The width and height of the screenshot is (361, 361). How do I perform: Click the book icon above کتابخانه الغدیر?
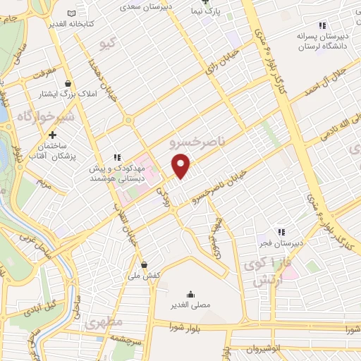pyautogui.click(x=71, y=13)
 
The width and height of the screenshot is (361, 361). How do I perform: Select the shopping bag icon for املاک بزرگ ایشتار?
pyautogui.click(x=68, y=82)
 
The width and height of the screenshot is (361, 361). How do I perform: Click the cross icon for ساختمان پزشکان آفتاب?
pyautogui.click(x=52, y=135)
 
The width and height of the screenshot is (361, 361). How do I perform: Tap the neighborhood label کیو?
pyautogui.click(x=108, y=44)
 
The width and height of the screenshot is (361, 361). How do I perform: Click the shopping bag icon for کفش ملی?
pyautogui.click(x=145, y=265)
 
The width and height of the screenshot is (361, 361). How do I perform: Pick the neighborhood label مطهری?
pyautogui.click(x=104, y=322)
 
